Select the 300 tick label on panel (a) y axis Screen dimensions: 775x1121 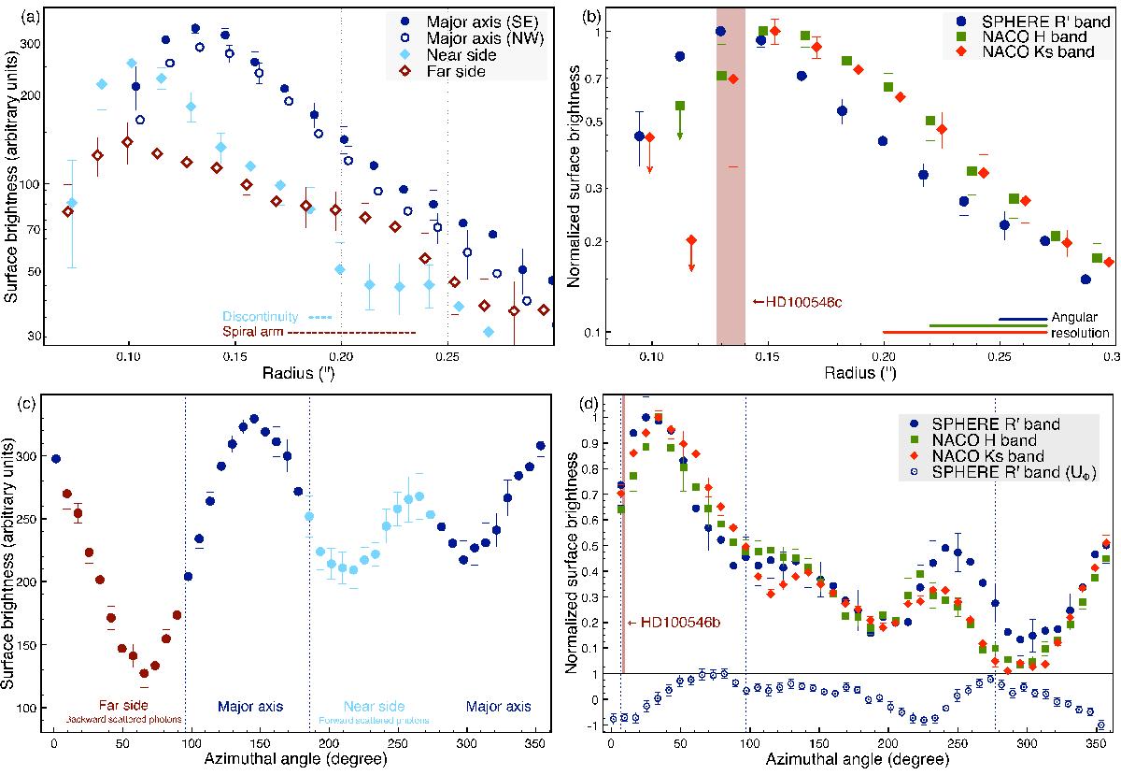[x=39, y=44]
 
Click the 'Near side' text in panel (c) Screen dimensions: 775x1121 [x=375, y=707]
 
